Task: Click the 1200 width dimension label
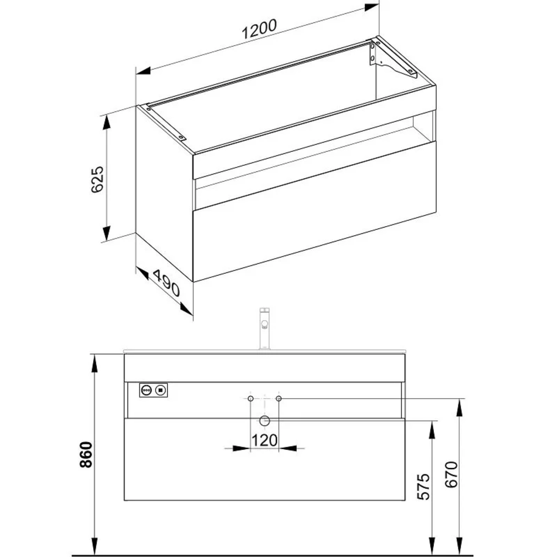tap(259, 29)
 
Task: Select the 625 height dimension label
tap(97, 179)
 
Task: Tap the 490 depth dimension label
tap(167, 283)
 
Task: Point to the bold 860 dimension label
tap(86, 455)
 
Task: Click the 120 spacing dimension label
tap(264, 440)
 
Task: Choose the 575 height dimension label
tap(423, 487)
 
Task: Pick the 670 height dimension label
tap(451, 474)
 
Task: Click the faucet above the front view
tap(264, 328)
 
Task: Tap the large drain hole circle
tap(264, 421)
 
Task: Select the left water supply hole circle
tap(250, 399)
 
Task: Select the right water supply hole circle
tap(279, 399)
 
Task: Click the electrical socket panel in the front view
tap(154, 390)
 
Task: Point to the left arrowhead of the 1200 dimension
tap(143, 71)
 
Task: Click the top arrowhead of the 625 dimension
tap(107, 123)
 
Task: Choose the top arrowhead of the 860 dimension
tap(94, 363)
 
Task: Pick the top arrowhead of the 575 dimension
tap(432, 429)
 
